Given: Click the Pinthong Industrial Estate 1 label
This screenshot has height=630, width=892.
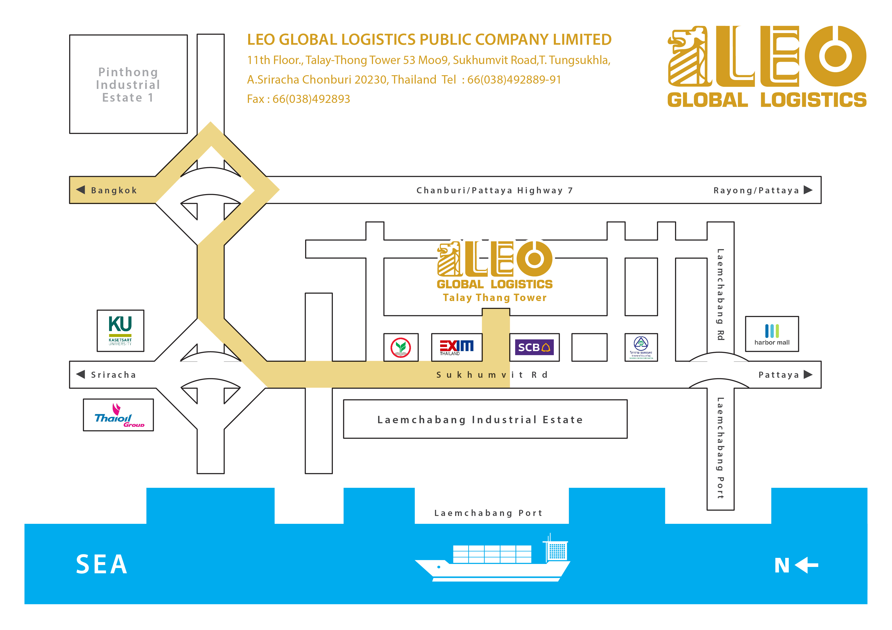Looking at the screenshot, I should [128, 85].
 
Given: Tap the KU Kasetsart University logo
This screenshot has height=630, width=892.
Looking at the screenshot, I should [121, 330].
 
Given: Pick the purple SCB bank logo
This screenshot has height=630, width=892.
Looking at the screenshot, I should [534, 347].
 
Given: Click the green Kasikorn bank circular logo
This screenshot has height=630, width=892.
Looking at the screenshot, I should [400, 348].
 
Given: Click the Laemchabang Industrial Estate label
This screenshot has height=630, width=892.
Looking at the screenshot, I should [480, 420].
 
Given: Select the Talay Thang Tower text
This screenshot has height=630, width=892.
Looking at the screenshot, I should [495, 298].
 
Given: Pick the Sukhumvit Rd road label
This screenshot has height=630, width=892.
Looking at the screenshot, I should [492, 375].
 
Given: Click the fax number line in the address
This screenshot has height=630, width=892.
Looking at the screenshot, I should [298, 99].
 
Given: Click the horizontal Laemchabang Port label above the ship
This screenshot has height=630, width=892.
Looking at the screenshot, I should [488, 513].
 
